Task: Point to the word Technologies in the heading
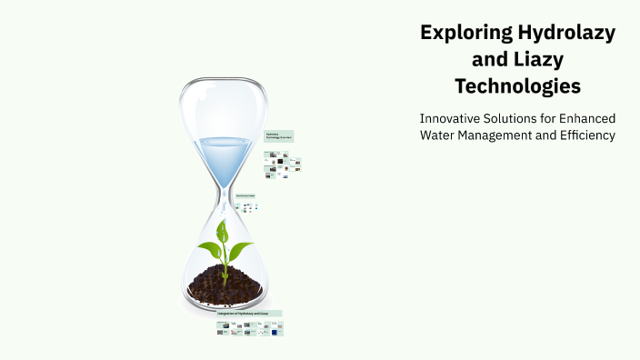tap(517, 87)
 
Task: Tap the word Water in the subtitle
tap(438, 135)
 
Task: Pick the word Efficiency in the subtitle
tap(585, 135)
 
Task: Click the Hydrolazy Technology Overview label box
tap(278, 136)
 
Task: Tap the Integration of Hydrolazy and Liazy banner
tap(248, 313)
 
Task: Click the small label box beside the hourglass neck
tap(245, 195)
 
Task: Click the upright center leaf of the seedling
tap(224, 231)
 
